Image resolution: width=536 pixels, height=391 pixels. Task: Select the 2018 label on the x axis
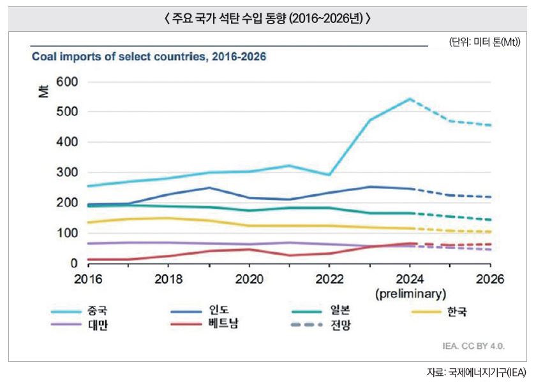tap(168, 280)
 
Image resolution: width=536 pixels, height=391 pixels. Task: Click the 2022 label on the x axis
tap(330, 280)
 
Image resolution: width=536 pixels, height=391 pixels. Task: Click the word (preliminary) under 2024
tap(410, 294)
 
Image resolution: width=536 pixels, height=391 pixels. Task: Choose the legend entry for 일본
tap(341, 311)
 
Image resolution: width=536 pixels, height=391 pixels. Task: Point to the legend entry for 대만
tap(89, 325)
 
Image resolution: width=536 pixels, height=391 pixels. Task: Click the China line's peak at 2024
tap(410, 99)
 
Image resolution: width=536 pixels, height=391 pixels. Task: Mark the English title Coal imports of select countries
tap(149, 57)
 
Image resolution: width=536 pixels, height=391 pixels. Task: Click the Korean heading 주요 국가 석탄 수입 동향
tap(267, 18)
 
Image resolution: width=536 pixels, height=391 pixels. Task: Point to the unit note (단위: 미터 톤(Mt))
tap(485, 42)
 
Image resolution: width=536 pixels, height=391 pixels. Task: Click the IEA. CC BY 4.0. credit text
tap(473, 346)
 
